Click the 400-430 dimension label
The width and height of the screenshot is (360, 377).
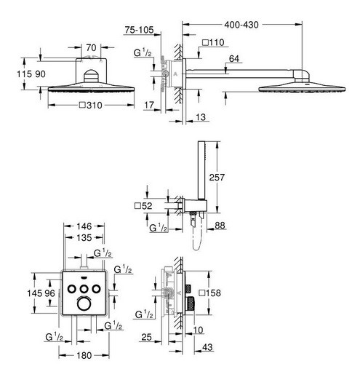pyautogui.click(x=241, y=25)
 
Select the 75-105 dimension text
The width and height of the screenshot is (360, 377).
pyautogui.click(x=139, y=30)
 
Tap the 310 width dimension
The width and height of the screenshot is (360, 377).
pyautogui.click(x=91, y=106)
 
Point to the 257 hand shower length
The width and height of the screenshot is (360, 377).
pyautogui.click(x=217, y=177)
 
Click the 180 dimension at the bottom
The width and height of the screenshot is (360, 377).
pyautogui.click(x=84, y=355)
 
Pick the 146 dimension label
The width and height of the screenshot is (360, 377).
pyautogui.click(x=84, y=226)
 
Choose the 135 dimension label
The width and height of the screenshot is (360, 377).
pyautogui.click(x=84, y=238)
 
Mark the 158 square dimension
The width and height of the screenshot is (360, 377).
pyautogui.click(x=210, y=293)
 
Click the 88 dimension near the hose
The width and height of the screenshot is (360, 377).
pyautogui.click(x=220, y=226)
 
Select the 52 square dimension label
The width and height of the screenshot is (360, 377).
pyautogui.click(x=143, y=206)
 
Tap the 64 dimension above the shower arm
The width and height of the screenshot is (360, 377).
pyautogui.click(x=234, y=59)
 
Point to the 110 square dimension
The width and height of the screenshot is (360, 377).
pyautogui.click(x=213, y=43)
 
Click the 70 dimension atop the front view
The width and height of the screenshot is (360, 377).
pyautogui.click(x=91, y=48)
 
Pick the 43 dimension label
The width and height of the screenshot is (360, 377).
pyautogui.click(x=207, y=347)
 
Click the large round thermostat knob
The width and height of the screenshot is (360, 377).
pyautogui.click(x=84, y=303)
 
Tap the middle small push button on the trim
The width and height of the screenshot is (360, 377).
pyautogui.click(x=84, y=289)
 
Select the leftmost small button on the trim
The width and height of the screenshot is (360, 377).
pyautogui.click(x=71, y=289)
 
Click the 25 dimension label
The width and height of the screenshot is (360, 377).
pyautogui.click(x=146, y=337)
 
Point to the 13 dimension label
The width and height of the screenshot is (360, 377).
pyautogui.click(x=201, y=117)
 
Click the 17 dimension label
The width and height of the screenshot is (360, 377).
pyautogui.click(x=149, y=105)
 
